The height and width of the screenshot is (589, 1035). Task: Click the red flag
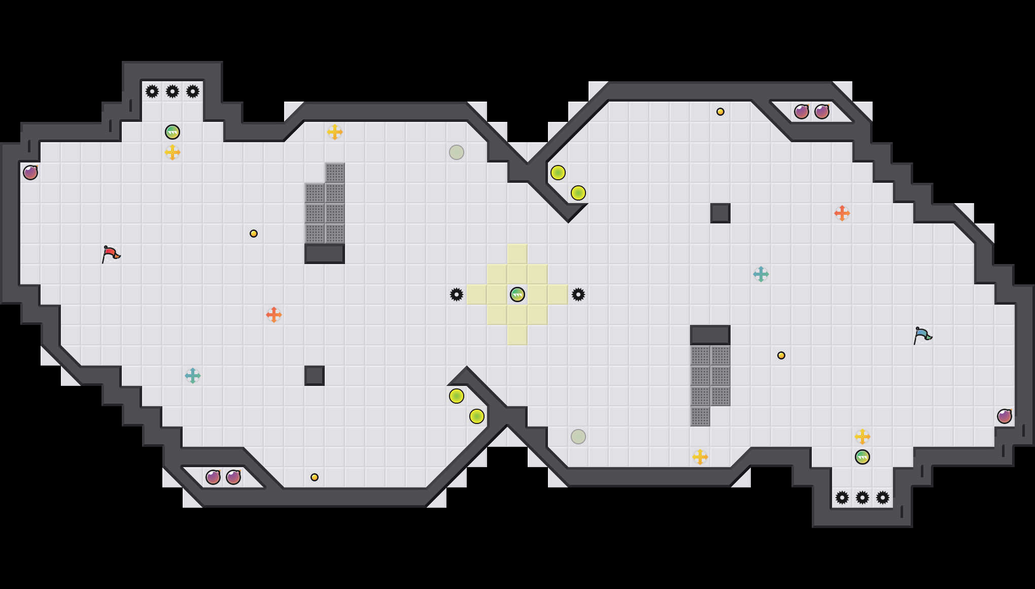coord(111,254)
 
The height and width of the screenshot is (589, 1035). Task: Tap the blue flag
coord(922,335)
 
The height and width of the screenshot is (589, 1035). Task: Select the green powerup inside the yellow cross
coord(517,294)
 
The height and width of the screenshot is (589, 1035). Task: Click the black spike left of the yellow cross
coord(457,294)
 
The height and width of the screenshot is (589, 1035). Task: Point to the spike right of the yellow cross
coord(578,294)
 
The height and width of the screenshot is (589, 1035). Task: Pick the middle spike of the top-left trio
coord(172,91)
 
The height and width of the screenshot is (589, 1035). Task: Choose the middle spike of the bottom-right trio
coord(862,498)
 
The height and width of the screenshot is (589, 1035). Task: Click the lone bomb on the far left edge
coord(30,173)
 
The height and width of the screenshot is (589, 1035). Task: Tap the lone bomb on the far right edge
coord(1005,416)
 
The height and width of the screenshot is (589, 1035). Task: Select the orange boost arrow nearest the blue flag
coord(842,213)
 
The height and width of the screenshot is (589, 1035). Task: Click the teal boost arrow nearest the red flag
coord(193,376)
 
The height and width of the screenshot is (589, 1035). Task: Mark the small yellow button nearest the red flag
coord(254,234)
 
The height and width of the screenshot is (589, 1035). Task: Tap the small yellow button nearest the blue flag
coord(781,355)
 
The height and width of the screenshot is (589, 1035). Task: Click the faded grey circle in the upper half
coord(457,152)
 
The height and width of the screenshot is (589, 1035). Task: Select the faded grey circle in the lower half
coord(578,437)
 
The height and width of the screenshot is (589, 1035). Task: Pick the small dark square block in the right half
coord(720,213)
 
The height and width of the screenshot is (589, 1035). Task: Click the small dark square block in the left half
coord(315,376)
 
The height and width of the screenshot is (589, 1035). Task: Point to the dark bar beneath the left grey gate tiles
coord(325,254)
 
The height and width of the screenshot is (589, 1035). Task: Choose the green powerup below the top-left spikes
coord(172,132)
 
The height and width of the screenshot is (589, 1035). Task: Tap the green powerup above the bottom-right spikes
coord(862,457)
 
